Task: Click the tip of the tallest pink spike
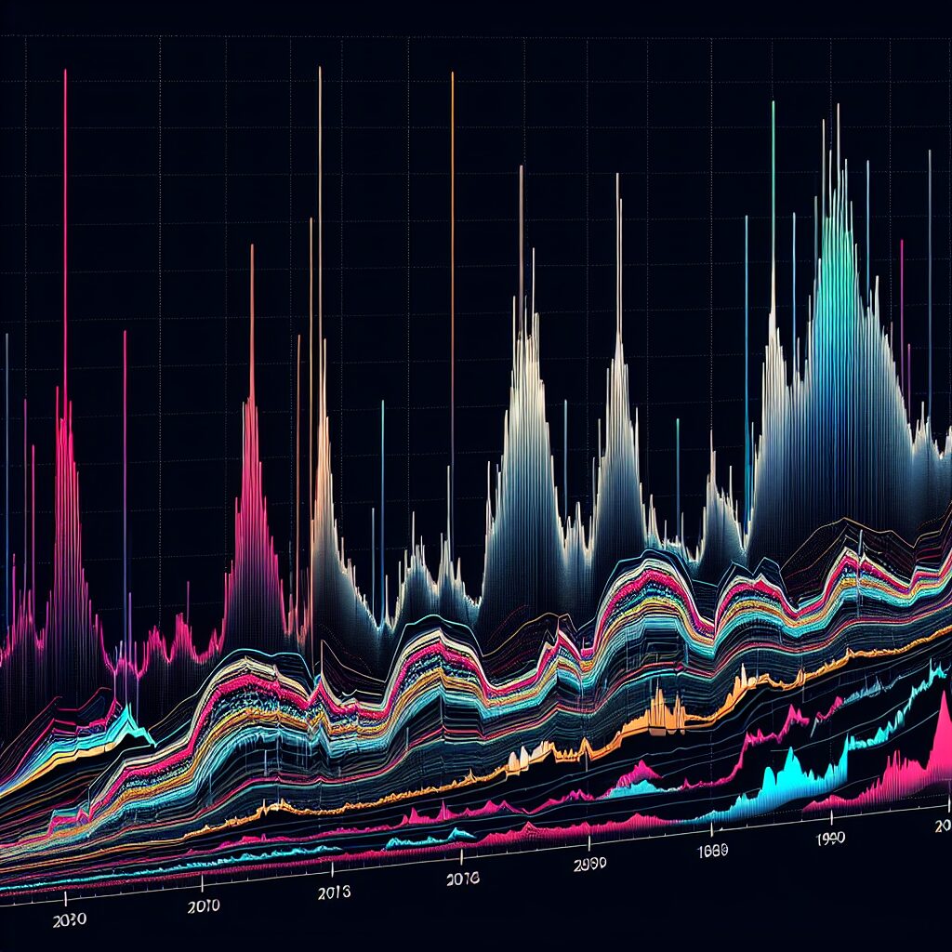coord(65,71)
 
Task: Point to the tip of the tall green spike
coord(773,102)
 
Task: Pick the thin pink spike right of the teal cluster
coord(902,242)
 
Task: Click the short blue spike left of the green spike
coord(746,218)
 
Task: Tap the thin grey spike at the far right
coord(930,152)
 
